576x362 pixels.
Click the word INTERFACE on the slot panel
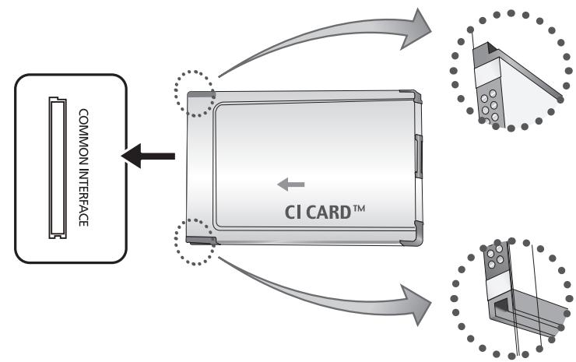point(84,198)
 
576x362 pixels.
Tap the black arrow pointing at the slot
point(148,156)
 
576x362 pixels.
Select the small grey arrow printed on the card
point(291,185)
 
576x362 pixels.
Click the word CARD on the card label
point(328,213)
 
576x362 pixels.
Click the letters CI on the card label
point(293,213)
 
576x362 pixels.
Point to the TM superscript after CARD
point(359,209)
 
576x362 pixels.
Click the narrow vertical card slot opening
point(58,167)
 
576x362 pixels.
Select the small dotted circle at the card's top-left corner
point(195,93)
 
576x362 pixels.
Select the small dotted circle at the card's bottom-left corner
point(195,242)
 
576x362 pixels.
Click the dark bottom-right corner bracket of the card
point(413,235)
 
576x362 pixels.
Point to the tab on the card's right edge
point(419,156)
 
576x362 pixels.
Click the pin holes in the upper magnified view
point(490,106)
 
